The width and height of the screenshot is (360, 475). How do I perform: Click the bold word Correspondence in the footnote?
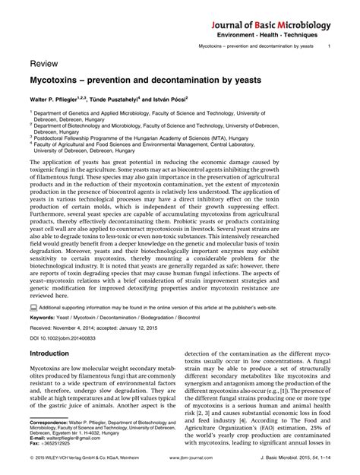tap(51, 420)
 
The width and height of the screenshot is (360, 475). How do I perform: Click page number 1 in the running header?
tap(329, 48)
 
